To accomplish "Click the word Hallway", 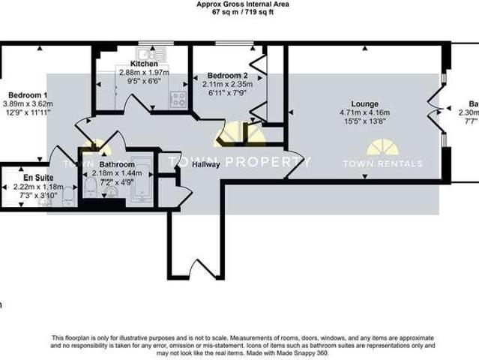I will (x=205, y=165).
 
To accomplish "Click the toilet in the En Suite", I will (x=67, y=196).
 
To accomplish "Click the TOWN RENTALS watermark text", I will (x=382, y=163).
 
